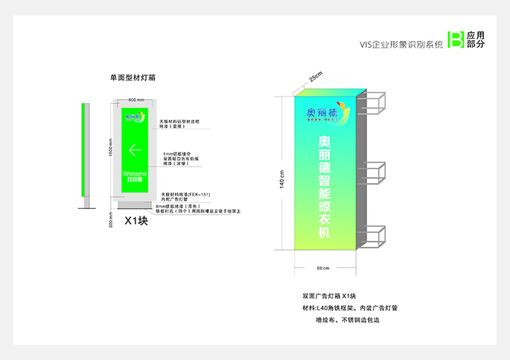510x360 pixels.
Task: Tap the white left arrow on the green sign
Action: (136, 150)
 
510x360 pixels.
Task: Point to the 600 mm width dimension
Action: (136, 100)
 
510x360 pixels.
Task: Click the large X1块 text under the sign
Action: (136, 220)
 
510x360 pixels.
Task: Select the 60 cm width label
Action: (323, 268)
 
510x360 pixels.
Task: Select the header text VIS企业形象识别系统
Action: (401, 45)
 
